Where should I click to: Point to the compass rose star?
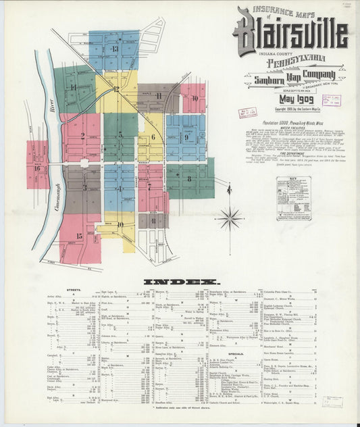pos(230,218)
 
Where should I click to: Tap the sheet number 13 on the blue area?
pos(115,49)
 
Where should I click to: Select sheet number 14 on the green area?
pos(72,87)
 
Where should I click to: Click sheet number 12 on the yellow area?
pos(116,89)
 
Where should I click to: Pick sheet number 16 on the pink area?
pos(37,168)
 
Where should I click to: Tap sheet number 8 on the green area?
pos(189,179)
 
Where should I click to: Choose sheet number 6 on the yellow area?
pos(153,137)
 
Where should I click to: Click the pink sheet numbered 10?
pos(194,99)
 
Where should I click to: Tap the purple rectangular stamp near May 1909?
pos(331,101)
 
